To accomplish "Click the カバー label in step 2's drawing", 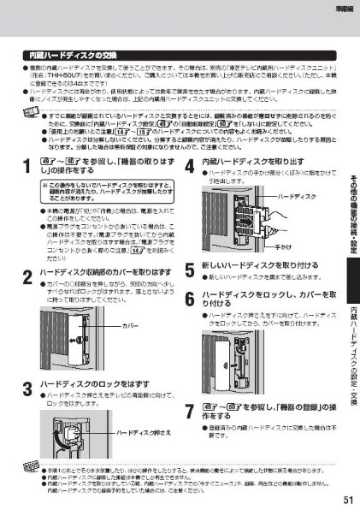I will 129,326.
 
